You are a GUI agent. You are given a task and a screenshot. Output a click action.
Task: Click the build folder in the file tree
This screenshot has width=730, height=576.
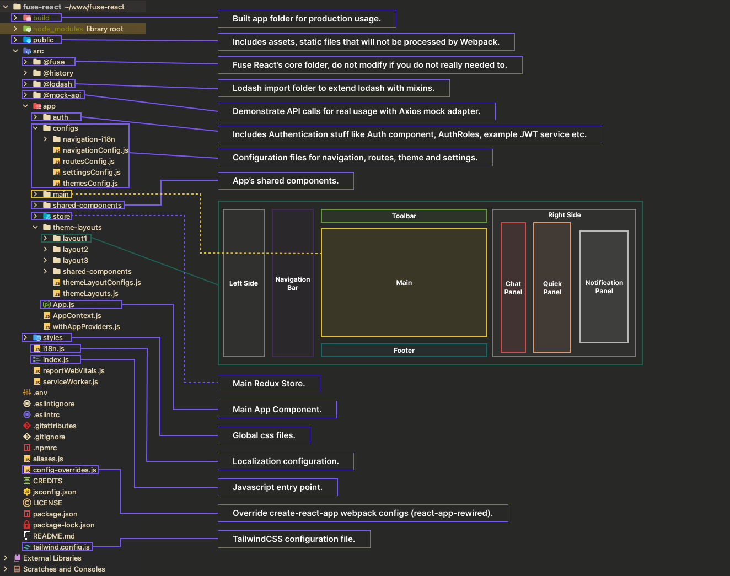click(x=41, y=18)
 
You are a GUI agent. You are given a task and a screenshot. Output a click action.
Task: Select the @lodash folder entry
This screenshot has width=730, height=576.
click(x=57, y=84)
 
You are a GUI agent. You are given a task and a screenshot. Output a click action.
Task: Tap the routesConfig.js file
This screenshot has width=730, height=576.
click(x=88, y=162)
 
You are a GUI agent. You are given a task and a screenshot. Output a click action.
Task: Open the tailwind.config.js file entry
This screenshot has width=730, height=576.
click(x=61, y=547)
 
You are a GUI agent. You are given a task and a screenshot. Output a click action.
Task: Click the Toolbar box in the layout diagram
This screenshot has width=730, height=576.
click(x=404, y=216)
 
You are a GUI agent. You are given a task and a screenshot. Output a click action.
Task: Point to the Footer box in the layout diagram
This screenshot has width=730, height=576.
click(x=404, y=351)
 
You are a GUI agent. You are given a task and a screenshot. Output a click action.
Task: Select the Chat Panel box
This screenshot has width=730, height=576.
click(x=513, y=288)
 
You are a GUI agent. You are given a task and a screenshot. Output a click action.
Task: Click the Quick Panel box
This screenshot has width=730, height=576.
click(x=552, y=288)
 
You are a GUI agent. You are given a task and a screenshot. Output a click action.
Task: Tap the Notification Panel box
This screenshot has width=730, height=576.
click(x=604, y=287)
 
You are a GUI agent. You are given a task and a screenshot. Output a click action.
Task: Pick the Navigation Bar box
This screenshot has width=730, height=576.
click(x=292, y=283)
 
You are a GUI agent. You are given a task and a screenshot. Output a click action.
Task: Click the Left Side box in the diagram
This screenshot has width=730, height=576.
click(x=243, y=283)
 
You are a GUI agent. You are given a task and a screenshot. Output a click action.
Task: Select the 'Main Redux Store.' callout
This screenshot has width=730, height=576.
click(x=269, y=384)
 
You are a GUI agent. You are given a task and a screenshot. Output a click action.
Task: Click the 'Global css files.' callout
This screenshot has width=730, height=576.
click(x=264, y=435)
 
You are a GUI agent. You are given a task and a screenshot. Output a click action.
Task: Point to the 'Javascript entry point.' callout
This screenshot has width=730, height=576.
click(x=277, y=487)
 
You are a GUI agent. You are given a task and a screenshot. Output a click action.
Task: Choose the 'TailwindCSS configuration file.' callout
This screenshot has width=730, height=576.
click(x=293, y=539)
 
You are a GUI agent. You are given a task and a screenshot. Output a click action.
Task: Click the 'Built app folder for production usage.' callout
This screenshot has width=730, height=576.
click(x=307, y=19)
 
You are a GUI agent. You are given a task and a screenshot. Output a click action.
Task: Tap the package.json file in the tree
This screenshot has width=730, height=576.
click(x=55, y=514)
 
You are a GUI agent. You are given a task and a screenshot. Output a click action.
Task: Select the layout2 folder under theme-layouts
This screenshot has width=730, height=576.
click(x=75, y=250)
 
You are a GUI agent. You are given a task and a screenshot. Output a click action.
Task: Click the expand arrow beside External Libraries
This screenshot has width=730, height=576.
click(x=6, y=558)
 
